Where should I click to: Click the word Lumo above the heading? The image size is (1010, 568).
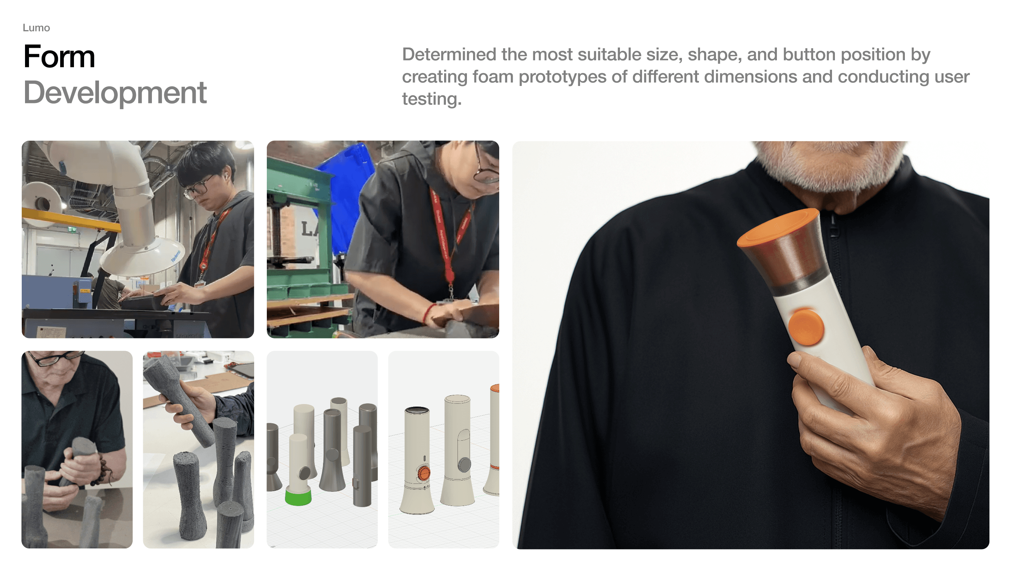coord(36,28)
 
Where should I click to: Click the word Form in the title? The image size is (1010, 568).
coord(59,57)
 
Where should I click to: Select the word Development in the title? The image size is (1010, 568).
coord(115,92)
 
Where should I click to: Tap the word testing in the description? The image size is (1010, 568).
coord(432,99)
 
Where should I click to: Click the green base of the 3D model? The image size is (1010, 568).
coord(298,497)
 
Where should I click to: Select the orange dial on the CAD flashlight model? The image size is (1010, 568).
coord(423,473)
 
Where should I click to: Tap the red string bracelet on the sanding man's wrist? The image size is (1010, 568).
coord(428,313)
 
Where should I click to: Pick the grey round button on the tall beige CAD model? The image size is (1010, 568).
coord(465,465)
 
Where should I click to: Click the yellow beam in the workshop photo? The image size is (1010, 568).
coord(71,220)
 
